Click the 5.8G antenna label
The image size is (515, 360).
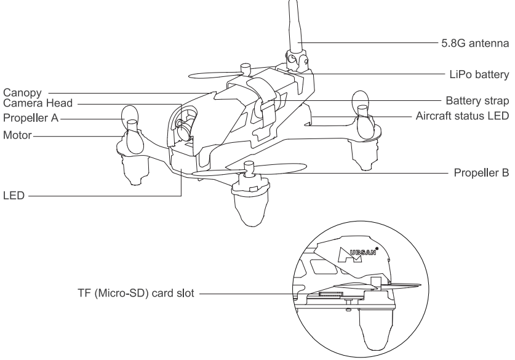475,43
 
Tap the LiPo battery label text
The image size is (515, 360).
479,74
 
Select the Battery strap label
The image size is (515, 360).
477,100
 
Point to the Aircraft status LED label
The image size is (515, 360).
463,116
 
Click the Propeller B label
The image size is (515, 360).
482,172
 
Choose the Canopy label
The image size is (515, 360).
22,93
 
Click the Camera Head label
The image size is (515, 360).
38,103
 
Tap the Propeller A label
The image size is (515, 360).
31,118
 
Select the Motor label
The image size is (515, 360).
17,135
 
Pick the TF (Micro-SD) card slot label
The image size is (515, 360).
136,293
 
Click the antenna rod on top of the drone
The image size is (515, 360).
294,26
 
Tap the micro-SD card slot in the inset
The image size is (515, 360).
330,294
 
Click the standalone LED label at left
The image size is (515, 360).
14,196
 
